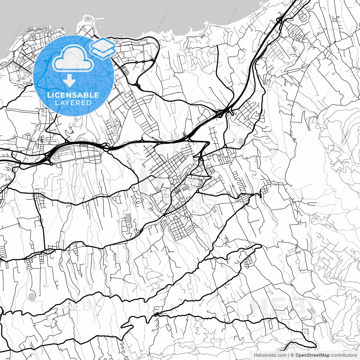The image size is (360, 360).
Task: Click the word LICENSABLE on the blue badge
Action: [73, 95]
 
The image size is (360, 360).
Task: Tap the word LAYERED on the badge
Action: [73, 103]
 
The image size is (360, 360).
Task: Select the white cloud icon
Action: [73, 58]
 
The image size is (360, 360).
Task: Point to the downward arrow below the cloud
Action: [69, 80]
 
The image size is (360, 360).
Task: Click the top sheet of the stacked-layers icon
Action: [103, 44]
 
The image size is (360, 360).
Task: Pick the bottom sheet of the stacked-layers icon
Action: [103, 53]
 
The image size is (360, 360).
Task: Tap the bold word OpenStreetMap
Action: [312, 355]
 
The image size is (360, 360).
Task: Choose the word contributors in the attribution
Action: [344, 355]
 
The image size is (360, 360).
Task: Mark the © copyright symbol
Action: [292, 355]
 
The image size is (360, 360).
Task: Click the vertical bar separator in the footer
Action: [289, 355]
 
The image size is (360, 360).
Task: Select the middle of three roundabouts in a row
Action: [143, 61]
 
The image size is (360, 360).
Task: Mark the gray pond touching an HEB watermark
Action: [311, 310]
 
